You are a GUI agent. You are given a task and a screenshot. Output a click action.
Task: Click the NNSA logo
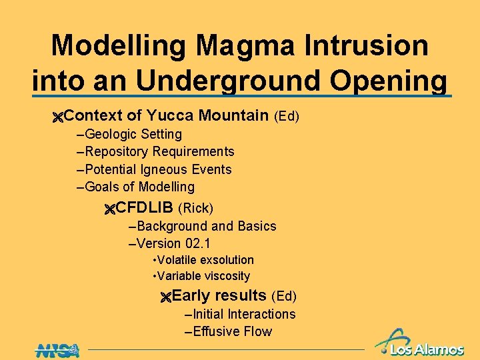(x=57, y=349)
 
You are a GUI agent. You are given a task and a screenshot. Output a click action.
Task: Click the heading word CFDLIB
(x=144, y=207)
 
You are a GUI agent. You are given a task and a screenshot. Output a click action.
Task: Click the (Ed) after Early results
(x=283, y=296)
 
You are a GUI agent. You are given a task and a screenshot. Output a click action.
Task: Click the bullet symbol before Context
(x=57, y=117)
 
